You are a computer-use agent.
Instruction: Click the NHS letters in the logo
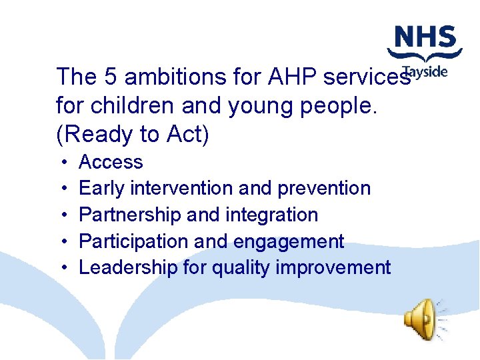[x=425, y=37]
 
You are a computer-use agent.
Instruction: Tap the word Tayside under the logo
[x=427, y=72]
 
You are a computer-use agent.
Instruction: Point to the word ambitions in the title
[x=169, y=77]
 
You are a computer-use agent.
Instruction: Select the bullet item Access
[x=111, y=162]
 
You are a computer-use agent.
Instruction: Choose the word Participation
[x=130, y=241]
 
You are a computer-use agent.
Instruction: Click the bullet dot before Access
[x=61, y=163]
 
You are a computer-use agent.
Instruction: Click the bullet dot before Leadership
[x=61, y=269]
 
